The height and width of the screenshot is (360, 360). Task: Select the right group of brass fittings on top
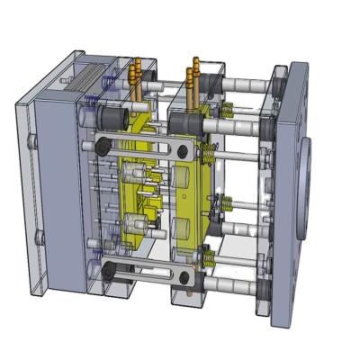click(x=193, y=76)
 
